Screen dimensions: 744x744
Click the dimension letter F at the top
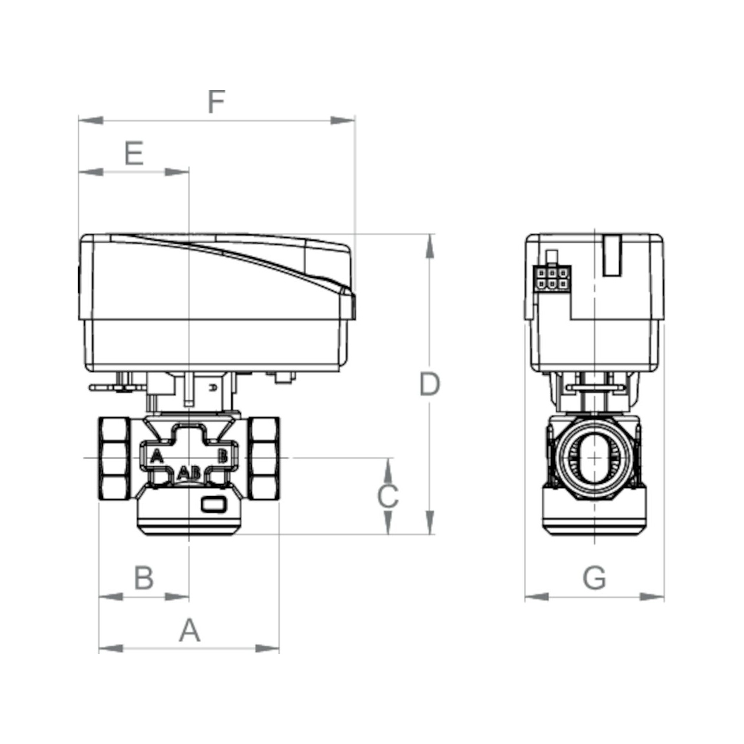[216, 102]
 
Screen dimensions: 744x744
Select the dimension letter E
[134, 153]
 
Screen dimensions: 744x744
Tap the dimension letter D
[430, 384]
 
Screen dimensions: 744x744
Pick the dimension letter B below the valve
[144, 578]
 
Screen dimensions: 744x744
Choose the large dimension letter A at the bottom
[190, 630]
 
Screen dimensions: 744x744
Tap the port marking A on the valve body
[157, 456]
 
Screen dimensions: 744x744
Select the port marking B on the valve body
[222, 456]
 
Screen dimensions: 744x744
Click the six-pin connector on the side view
[552, 278]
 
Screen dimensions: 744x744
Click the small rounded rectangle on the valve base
[214, 504]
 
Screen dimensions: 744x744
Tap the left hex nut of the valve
[114, 459]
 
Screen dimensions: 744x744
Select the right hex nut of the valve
[264, 459]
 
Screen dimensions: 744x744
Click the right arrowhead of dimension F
[343, 121]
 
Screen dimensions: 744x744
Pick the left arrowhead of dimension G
[537, 597]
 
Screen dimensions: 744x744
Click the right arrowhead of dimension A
[267, 648]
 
